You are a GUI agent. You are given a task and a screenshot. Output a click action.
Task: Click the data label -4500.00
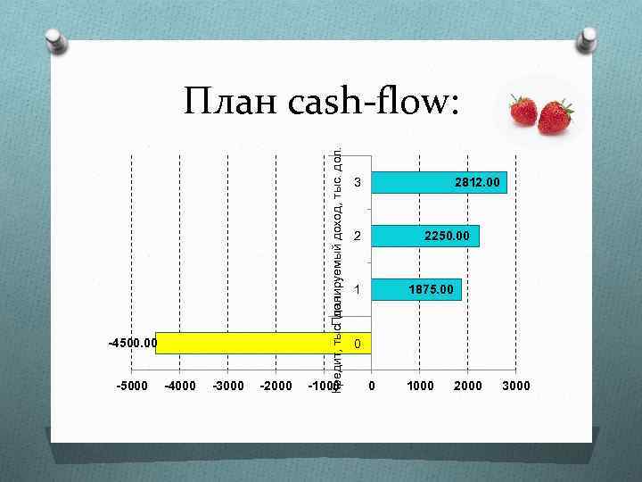132,343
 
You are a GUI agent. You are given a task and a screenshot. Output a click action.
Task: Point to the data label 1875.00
431,289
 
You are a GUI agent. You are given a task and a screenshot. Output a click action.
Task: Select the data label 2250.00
451,236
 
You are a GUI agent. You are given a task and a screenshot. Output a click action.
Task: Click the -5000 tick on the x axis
131,386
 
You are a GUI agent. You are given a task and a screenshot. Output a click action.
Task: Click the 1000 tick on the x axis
420,386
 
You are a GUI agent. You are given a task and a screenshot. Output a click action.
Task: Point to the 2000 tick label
468,386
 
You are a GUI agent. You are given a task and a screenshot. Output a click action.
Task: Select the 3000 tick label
516,386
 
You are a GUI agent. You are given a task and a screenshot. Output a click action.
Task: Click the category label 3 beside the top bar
357,183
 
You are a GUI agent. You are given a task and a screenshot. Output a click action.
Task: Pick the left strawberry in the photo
523,112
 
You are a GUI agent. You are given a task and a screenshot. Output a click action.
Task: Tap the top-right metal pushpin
588,41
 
